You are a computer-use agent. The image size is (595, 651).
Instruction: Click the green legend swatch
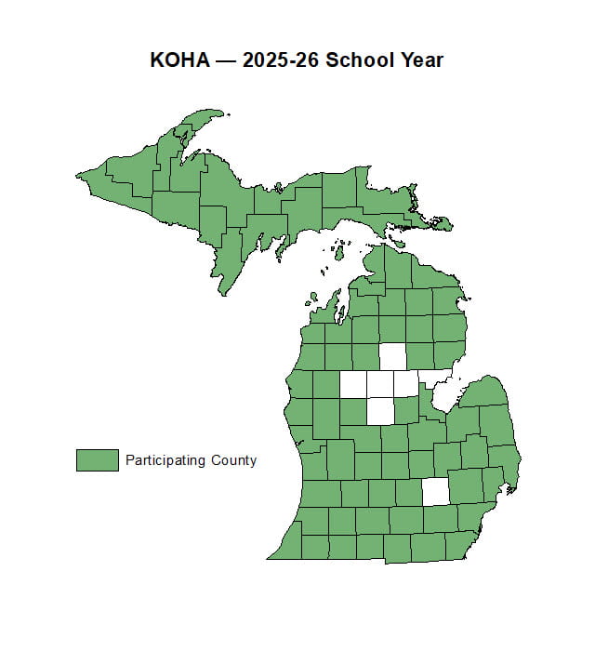(x=97, y=459)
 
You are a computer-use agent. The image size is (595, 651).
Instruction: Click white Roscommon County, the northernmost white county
(x=393, y=356)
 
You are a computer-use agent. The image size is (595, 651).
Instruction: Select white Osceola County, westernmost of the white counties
(x=353, y=384)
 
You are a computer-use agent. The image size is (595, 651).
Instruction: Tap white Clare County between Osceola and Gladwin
(x=379, y=384)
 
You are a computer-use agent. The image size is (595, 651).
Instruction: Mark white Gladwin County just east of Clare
(x=405, y=383)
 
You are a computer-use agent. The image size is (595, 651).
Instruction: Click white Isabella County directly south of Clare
(x=380, y=410)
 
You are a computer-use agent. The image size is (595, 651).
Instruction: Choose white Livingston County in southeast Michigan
(x=435, y=492)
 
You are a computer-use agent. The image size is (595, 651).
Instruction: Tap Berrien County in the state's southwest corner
(x=289, y=545)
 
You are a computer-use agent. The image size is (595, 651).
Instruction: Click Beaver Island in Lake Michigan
(x=339, y=252)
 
